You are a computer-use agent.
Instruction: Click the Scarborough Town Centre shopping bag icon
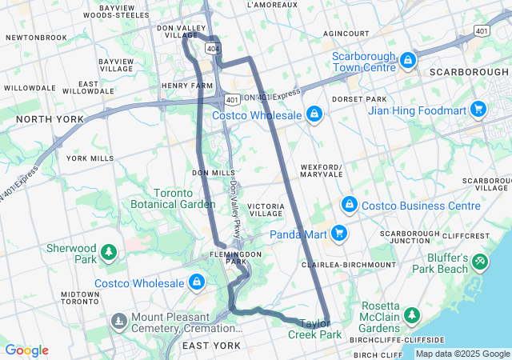(407, 60)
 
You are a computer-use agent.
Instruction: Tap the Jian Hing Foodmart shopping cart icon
(478, 108)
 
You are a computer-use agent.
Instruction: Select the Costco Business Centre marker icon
(349, 205)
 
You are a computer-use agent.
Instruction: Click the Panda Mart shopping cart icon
(340, 234)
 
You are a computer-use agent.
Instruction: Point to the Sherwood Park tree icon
(108, 253)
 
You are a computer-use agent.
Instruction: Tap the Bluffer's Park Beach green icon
(480, 261)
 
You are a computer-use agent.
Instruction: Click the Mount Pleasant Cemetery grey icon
(119, 322)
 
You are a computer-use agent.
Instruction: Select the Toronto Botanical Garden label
(173, 198)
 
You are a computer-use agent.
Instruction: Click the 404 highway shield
(210, 49)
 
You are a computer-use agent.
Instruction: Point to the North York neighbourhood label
(49, 119)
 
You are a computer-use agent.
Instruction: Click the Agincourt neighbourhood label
(346, 34)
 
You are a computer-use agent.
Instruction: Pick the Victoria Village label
(266, 210)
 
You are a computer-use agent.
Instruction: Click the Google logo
(26, 350)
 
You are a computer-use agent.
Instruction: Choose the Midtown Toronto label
(80, 298)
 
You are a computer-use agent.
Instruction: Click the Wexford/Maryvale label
(322, 170)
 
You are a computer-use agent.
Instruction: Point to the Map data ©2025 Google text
(462, 354)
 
